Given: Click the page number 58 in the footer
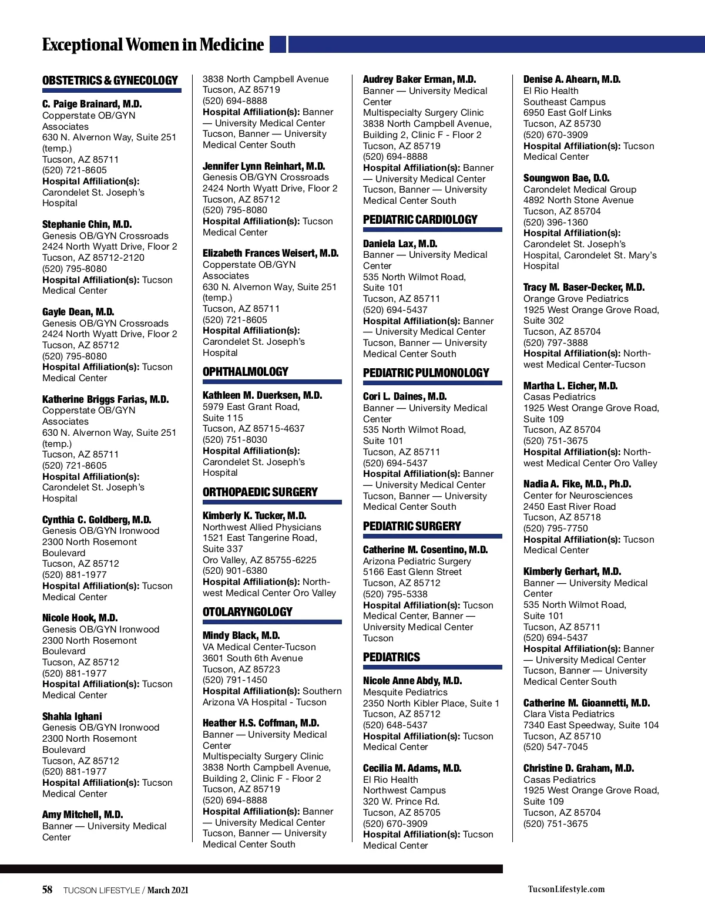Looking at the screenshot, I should (47, 890).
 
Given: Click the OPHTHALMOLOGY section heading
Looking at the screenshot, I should (245, 372).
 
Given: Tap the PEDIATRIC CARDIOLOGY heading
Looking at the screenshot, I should (420, 220).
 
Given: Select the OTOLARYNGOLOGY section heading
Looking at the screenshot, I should (247, 612).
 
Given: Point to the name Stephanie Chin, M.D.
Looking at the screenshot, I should (87, 224).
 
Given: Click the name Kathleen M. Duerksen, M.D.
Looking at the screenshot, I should (262, 395).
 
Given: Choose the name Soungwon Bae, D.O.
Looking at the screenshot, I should (566, 178).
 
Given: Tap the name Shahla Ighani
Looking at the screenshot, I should (72, 716).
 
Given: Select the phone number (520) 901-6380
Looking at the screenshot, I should (235, 571).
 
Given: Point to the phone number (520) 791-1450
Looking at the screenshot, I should (235, 680).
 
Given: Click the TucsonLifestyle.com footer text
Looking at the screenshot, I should (566, 889).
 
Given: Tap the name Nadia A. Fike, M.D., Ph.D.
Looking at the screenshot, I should (577, 484).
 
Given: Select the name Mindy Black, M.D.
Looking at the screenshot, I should (241, 635).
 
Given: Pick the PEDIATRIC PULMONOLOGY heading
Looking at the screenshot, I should (426, 373).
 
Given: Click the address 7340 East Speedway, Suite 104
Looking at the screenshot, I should (591, 725).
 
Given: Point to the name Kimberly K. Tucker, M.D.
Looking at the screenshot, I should (254, 516).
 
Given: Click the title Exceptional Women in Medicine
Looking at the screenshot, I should (153, 45).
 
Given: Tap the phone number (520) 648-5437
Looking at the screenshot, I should (395, 725).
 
